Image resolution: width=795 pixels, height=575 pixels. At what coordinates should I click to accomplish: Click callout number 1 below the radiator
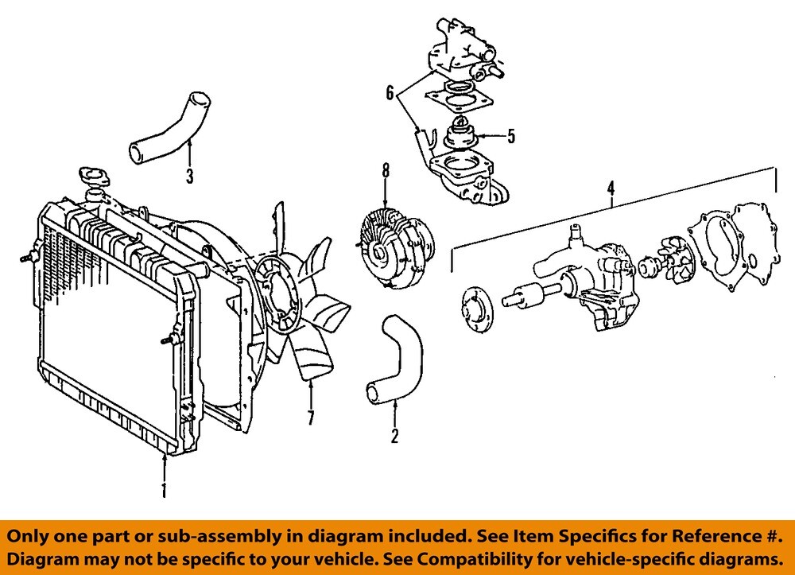tap(165, 487)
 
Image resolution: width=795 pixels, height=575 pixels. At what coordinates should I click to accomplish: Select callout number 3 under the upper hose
tap(189, 177)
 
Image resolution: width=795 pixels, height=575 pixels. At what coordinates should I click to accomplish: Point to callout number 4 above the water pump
tap(611, 188)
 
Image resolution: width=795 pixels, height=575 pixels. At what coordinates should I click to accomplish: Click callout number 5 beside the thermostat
tap(511, 136)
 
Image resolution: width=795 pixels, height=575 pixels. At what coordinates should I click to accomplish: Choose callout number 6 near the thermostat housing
tap(390, 93)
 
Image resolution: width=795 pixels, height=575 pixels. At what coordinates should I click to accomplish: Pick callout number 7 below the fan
tap(311, 417)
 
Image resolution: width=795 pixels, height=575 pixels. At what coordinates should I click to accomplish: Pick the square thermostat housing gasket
tap(460, 100)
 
